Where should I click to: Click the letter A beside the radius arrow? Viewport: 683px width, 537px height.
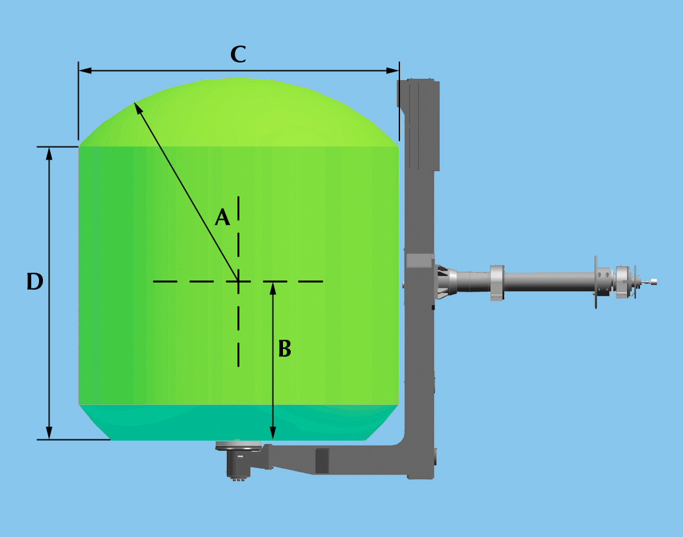222,217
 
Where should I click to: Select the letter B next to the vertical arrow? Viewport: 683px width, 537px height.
284,350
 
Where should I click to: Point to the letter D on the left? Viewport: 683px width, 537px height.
34,282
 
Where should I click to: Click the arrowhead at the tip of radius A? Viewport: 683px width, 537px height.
137,106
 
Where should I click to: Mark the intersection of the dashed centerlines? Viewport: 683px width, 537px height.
239,281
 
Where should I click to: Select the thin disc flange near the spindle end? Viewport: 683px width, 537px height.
595,282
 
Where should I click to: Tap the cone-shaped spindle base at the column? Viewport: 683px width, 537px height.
446,282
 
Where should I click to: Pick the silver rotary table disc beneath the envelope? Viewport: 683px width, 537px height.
238,446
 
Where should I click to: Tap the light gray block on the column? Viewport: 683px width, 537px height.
419,262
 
